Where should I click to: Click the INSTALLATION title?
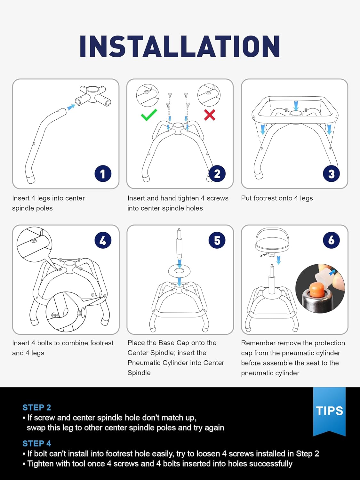tap(180, 46)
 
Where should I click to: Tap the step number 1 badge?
tap(103, 174)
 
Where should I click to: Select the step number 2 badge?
tap(217, 174)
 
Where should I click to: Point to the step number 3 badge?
tap(331, 174)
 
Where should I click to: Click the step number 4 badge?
tap(103, 240)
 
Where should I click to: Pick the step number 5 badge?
tap(217, 240)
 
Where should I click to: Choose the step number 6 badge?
tap(331, 240)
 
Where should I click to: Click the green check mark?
tap(149, 115)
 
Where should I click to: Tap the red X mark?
tap(210, 115)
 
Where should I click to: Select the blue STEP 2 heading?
tap(37, 407)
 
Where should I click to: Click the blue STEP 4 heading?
tap(37, 444)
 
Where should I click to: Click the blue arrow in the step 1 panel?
tap(71, 107)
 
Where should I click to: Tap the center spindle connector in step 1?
tap(93, 96)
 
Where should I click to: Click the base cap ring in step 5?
tap(179, 271)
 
